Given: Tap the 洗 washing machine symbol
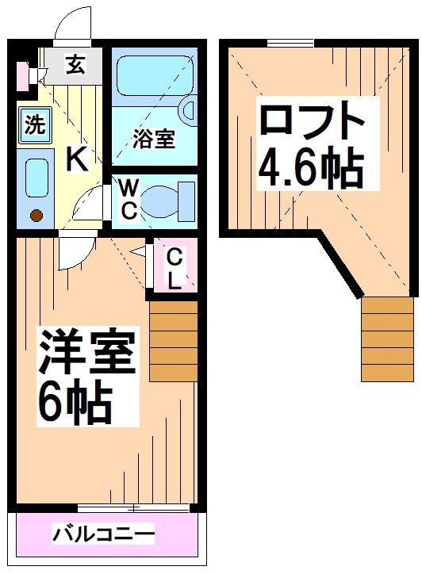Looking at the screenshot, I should coord(33,124).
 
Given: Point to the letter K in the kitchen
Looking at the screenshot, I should coord(76,159).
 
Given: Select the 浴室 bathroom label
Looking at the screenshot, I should coord(154,140).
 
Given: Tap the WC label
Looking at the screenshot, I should coord(129,198).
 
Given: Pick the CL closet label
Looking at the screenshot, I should coord(175,268).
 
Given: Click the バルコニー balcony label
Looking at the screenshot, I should coord(103,534).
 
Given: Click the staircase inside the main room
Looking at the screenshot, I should coord(172,340).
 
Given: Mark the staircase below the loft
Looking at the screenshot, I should coord(388,337).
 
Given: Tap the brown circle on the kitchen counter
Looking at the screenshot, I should coord(35,214).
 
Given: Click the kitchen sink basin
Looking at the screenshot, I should coord(35,178).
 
